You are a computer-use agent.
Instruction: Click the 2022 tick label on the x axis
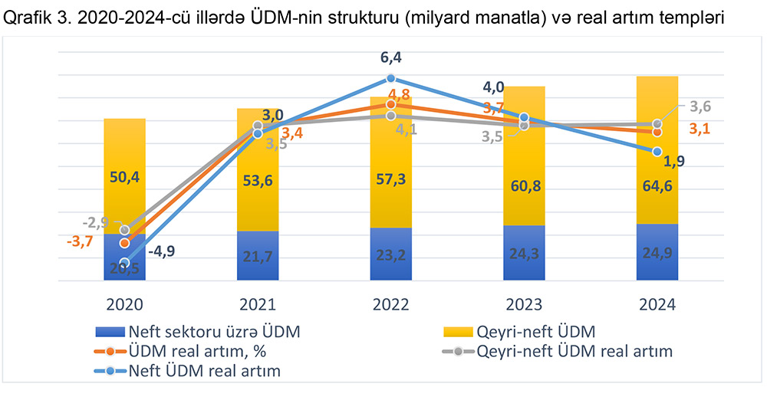(390, 304)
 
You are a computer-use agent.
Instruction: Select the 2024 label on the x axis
(657, 304)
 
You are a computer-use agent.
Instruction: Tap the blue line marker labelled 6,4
(390, 78)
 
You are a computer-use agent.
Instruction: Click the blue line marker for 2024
(657, 152)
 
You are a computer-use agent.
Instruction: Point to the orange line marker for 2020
(124, 243)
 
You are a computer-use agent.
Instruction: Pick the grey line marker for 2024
(657, 124)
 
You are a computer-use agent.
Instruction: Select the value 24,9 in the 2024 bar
(657, 254)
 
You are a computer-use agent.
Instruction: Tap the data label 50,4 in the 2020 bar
(124, 178)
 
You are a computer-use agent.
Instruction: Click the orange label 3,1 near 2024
(699, 129)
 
